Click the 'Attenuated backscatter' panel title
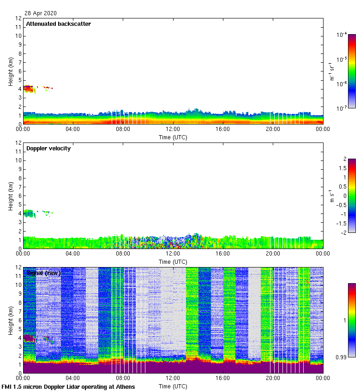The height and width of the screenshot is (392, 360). [x=58, y=24]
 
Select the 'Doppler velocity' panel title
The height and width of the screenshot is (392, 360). [x=48, y=148]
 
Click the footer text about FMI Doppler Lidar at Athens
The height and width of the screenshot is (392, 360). [x=68, y=386]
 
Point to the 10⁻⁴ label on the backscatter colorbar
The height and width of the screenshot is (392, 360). [x=342, y=35]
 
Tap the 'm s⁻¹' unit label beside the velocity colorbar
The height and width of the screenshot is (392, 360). [x=332, y=196]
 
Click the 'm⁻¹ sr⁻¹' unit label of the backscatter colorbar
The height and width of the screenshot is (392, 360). [x=332, y=71]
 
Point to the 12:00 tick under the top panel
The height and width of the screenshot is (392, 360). [x=173, y=129]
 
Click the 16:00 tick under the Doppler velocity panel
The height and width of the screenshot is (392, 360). [x=222, y=254]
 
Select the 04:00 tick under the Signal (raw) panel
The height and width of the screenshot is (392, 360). [x=73, y=378]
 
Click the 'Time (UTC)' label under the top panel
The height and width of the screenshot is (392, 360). [x=173, y=137]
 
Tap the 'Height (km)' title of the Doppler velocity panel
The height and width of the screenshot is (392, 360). [x=11, y=196]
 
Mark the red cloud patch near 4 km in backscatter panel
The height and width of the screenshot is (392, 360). [x=29, y=88]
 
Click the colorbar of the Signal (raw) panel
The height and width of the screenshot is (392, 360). [x=352, y=320]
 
